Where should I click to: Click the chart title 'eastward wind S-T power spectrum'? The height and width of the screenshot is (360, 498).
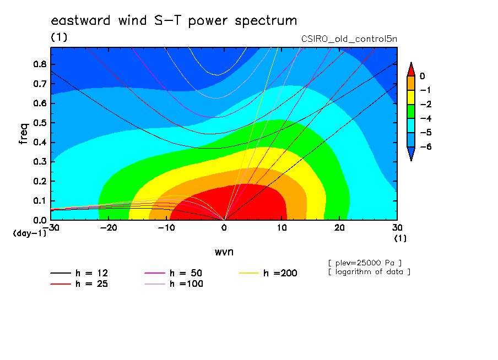pos(174,20)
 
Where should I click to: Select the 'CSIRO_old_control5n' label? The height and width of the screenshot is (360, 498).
pos(349,39)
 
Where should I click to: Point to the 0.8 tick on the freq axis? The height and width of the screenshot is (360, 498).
pos(40,64)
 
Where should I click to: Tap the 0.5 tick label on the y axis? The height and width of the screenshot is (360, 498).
pos(40,123)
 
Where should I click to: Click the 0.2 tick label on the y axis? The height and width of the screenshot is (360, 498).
pos(40,181)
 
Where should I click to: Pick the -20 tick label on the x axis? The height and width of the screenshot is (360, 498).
pos(109,228)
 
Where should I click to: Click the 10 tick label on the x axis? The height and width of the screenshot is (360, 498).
pos(282,228)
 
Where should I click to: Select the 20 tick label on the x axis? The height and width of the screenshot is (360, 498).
pos(339,228)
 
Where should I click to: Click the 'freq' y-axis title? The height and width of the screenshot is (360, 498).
pos(24,134)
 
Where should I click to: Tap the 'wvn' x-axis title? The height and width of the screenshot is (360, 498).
pos(224,252)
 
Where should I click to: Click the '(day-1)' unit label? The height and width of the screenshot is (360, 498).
pos(29,233)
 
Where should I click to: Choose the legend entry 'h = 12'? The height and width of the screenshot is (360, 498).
pos(79,273)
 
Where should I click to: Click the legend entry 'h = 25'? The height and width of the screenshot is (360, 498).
pos(79,284)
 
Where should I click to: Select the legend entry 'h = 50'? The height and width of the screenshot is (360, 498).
pos(173,273)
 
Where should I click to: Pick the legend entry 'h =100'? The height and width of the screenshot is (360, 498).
pos(174,284)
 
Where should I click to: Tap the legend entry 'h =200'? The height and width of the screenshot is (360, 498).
pos(268,273)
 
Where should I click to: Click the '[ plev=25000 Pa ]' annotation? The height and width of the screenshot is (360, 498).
pos(365,263)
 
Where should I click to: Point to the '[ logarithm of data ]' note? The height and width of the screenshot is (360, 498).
pos(370,272)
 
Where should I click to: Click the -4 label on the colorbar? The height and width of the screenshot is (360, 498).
pos(426,118)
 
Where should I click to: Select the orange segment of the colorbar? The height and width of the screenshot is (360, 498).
pos(411,83)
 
